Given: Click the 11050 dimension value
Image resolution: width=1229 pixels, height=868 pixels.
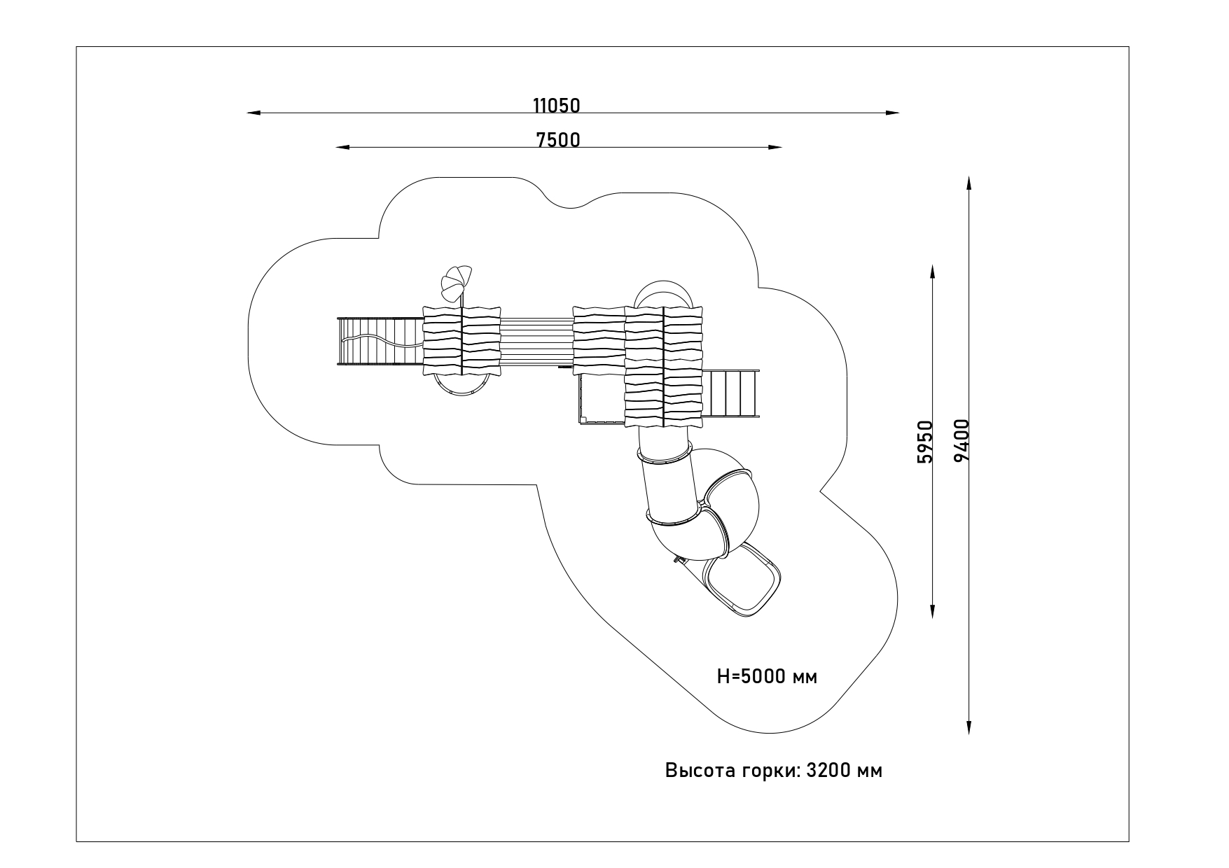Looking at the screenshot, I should click(557, 106).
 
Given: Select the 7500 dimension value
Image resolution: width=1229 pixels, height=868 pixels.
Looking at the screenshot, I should click(558, 140).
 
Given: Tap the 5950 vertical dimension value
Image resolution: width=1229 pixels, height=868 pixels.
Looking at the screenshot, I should click(925, 442).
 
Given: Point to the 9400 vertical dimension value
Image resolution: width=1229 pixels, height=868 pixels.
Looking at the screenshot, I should click(961, 440).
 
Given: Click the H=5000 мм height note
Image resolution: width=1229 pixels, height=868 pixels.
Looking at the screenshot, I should click(767, 677).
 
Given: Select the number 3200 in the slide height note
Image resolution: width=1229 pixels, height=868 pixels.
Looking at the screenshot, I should click(829, 771).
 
